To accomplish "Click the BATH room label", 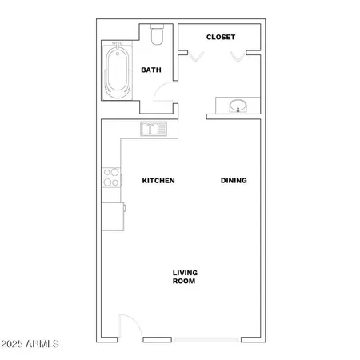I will [x=151, y=70].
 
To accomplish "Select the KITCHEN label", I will [x=158, y=181].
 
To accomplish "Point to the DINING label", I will [x=234, y=181].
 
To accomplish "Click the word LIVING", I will [x=185, y=273].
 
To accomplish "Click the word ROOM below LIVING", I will [x=185, y=282].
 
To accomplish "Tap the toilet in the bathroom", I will [x=157, y=34].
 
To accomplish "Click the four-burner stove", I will [x=111, y=178].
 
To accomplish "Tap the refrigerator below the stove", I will [x=113, y=215].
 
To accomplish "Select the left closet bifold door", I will [x=195, y=56].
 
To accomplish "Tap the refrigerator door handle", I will [x=125, y=210].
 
